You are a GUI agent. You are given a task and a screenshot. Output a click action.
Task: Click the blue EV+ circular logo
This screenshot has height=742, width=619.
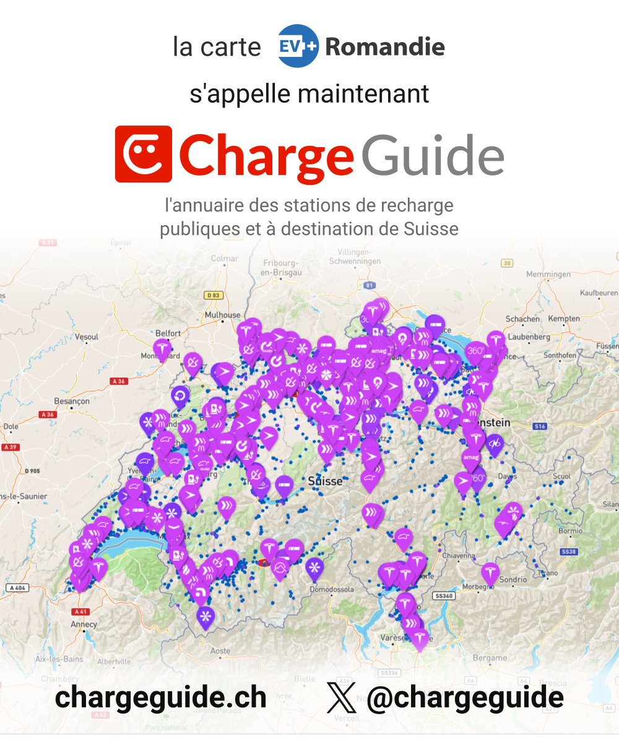pos(298,46)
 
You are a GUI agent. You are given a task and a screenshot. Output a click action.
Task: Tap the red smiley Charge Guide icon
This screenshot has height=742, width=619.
pos(143,154)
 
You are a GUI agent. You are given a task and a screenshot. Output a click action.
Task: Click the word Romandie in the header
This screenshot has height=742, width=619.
pos(384,46)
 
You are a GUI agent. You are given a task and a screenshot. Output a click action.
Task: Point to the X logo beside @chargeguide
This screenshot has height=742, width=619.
pos(342,698)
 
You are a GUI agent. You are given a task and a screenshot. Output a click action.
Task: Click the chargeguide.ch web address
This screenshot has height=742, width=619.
pos(160,698)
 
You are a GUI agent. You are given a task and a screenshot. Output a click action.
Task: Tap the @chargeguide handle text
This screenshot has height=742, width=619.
pos(465,698)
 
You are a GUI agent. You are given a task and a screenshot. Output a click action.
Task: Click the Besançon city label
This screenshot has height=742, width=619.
pos(72,401)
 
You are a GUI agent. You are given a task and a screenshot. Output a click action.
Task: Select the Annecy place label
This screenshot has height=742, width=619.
pos(84,625)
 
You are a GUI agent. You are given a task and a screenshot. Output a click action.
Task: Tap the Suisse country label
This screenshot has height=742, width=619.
pos(325,481)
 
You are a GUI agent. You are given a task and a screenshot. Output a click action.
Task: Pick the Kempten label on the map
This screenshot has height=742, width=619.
pos(564,318)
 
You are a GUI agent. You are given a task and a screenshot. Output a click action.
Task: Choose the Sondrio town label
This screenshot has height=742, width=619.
pos(514,579)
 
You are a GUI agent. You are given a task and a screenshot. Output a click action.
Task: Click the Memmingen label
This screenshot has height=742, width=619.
pos(548,274)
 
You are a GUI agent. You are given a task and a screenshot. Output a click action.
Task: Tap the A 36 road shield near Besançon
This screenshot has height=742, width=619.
pos(118,381)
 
